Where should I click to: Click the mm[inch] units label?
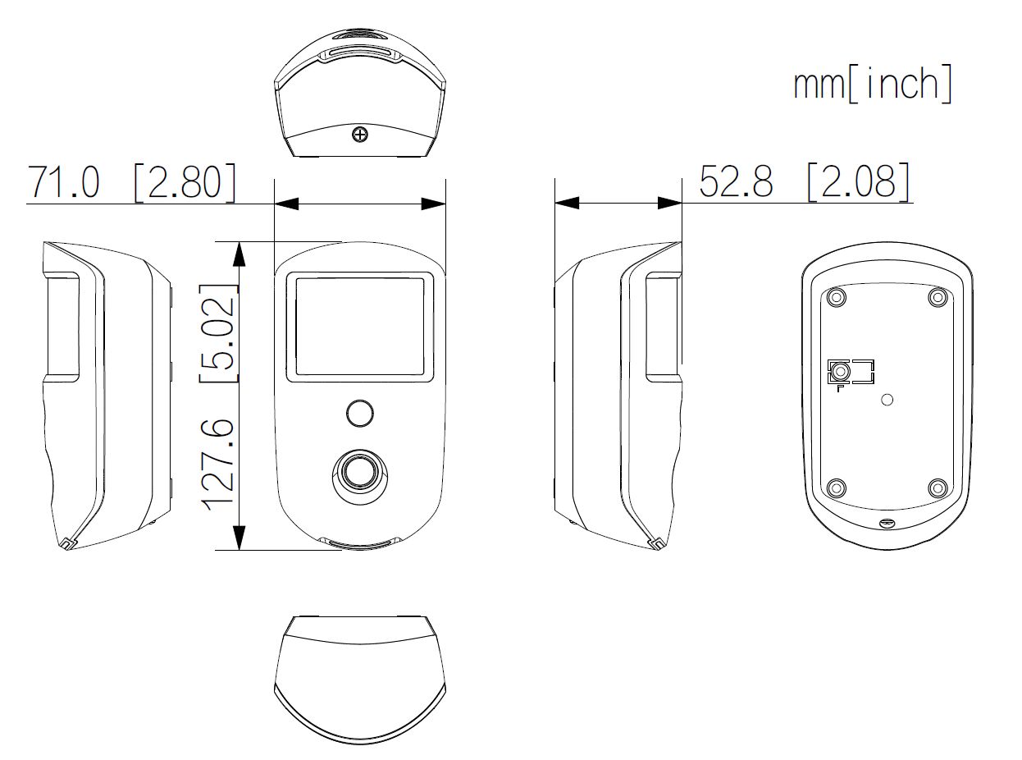872,84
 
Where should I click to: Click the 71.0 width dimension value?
63,182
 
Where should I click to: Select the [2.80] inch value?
185,183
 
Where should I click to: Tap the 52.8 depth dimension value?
736,181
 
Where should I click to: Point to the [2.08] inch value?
860,181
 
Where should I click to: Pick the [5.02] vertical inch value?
218,333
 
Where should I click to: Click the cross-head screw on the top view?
360,135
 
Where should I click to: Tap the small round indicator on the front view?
359,413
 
